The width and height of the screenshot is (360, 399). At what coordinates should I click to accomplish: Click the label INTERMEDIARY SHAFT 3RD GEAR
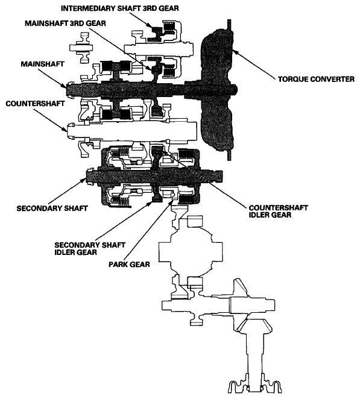[119, 8]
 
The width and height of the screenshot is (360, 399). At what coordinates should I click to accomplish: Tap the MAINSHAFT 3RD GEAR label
[65, 24]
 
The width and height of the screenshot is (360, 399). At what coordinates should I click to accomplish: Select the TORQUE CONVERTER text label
[316, 79]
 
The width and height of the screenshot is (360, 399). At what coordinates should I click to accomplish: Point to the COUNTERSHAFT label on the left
[35, 104]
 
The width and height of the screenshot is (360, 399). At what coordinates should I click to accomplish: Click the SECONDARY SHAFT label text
[52, 209]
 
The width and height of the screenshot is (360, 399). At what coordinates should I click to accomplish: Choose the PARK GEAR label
[129, 265]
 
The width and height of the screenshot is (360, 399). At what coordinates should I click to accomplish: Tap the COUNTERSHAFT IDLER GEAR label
[278, 211]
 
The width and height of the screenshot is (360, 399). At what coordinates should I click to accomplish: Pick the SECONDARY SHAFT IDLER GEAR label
[90, 248]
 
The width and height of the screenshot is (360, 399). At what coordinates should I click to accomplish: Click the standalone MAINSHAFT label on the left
[42, 64]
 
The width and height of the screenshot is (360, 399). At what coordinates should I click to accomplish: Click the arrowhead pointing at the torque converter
[236, 52]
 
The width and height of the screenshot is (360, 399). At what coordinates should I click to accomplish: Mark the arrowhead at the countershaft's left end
[64, 128]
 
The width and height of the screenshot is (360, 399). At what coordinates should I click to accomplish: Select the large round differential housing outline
[191, 251]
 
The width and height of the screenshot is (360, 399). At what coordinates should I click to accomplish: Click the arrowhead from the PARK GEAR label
[171, 203]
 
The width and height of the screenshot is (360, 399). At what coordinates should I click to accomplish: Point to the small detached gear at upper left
[81, 48]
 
